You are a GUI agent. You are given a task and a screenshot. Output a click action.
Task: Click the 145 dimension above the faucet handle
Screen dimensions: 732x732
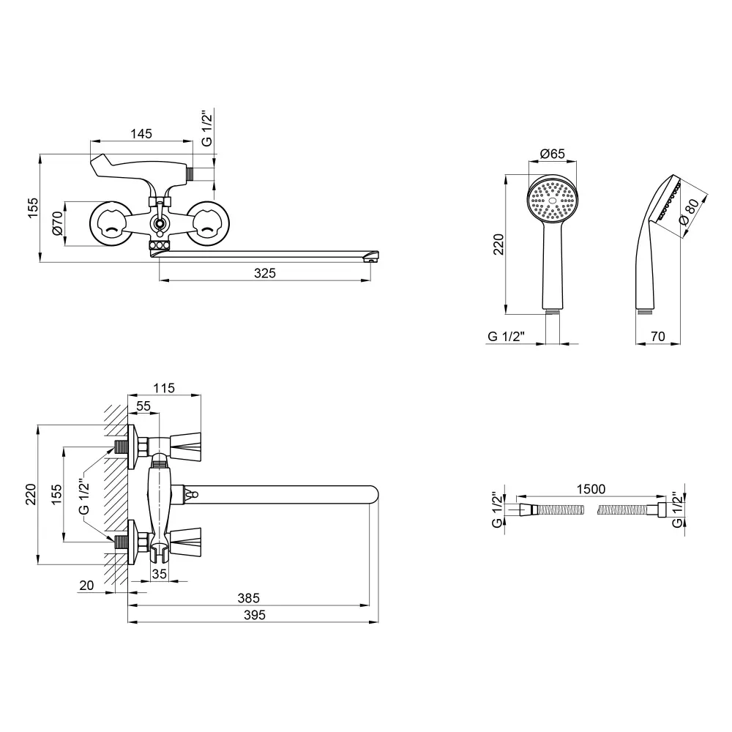pos(141,133)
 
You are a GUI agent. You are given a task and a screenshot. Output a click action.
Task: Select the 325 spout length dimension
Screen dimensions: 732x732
pos(265,273)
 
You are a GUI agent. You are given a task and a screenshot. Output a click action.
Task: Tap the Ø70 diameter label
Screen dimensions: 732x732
pos(57,223)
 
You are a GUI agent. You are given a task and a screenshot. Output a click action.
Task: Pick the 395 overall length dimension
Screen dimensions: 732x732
pos(253,616)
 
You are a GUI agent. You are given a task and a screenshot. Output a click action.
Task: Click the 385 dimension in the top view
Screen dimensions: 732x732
pos(248,598)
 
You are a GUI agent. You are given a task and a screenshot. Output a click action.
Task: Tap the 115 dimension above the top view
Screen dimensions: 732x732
pos(165,389)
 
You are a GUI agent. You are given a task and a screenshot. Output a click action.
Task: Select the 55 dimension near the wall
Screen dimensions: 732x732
pos(143,406)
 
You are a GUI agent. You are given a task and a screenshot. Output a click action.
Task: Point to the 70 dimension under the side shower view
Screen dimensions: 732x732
pos(658,336)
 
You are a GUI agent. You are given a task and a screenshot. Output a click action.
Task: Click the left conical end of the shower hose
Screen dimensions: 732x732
pos(526,508)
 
